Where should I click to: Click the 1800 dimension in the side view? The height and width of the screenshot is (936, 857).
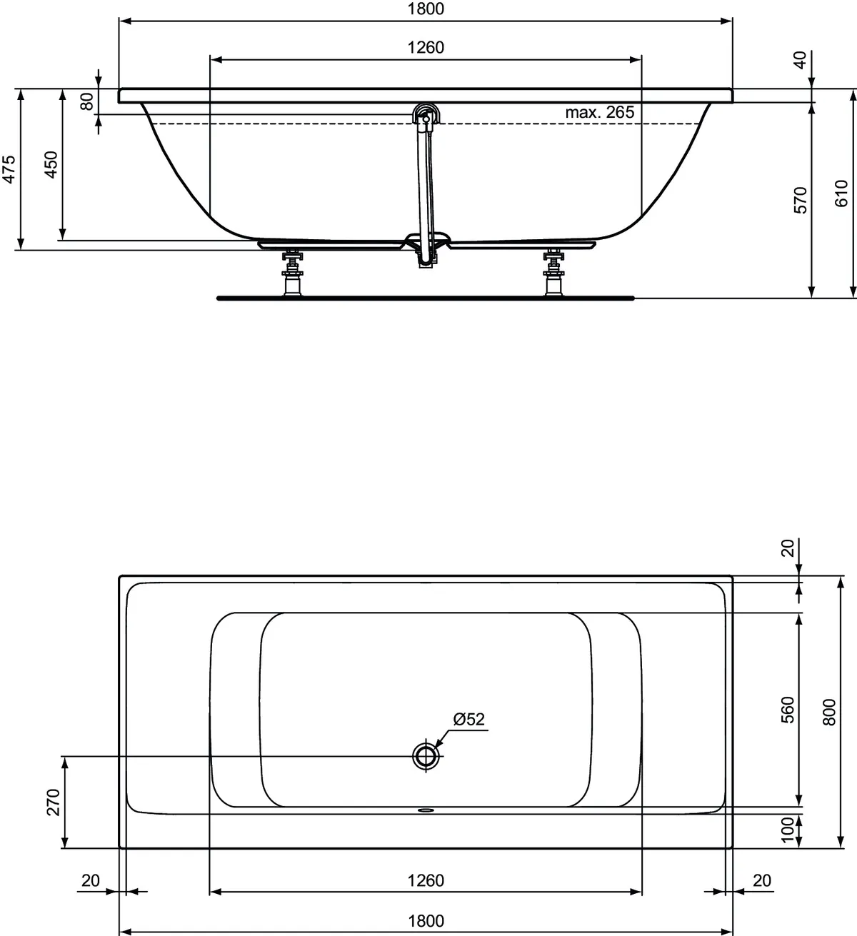point(426,9)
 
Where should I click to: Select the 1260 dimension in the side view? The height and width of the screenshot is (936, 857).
point(426,48)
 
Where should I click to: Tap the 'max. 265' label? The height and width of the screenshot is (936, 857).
point(599,113)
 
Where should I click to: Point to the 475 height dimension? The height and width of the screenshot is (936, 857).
point(9,169)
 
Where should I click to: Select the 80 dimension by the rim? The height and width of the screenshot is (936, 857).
point(87,102)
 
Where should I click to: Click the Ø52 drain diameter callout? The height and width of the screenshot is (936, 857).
point(468,720)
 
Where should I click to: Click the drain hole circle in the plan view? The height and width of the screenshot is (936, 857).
point(426,755)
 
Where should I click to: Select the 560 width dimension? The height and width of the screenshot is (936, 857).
point(788,710)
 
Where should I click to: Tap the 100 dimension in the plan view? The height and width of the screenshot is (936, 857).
point(788,829)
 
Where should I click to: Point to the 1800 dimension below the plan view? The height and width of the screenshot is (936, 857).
point(426,921)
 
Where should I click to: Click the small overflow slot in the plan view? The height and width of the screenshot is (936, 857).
point(426,810)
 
